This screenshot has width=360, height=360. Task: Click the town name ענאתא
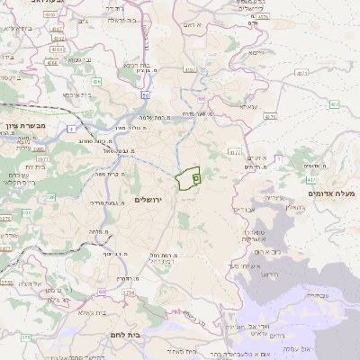coord(247,107)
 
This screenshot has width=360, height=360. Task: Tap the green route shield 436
coord(96,82)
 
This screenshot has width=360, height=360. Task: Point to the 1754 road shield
coord(129,292)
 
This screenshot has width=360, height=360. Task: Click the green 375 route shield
coord(26,337)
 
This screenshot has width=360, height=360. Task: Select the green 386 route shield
coord(27,212)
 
